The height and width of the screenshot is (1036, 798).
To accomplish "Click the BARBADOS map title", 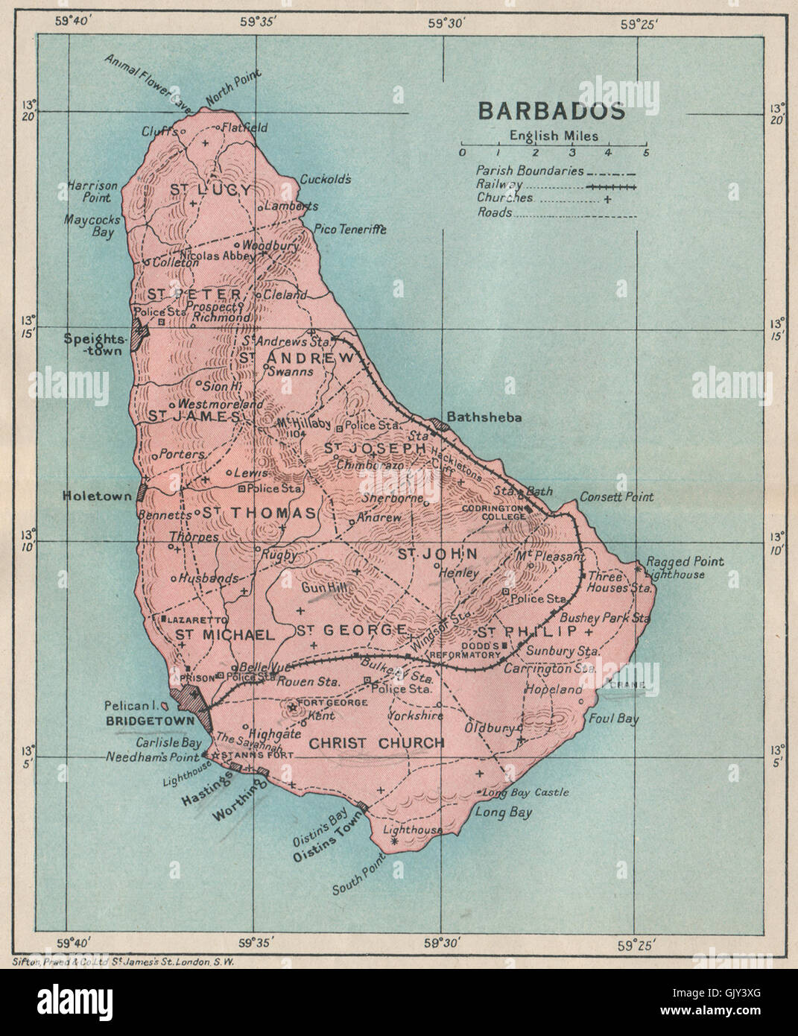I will (551, 111).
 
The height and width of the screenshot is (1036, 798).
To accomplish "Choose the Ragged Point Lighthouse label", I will (684, 568).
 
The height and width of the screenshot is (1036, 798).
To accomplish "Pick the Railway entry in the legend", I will (500, 185).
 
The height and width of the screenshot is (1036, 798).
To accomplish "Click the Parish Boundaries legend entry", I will (530, 171).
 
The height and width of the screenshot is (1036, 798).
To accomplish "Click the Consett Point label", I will (616, 496).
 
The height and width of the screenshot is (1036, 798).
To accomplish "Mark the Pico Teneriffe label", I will (350, 230).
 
